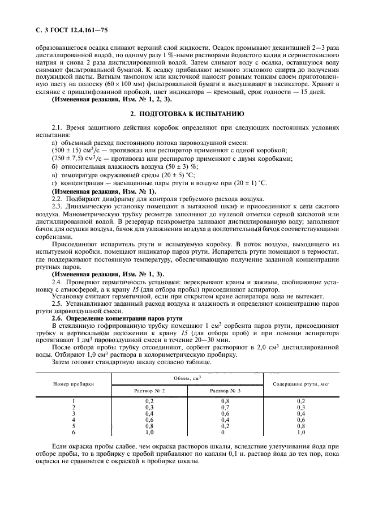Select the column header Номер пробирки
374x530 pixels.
click(x=74, y=383)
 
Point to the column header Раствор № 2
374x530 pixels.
click(x=150, y=391)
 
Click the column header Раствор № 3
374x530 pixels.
click(x=225, y=391)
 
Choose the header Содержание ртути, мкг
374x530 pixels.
click(x=300, y=383)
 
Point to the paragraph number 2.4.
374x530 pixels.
click(x=57, y=281)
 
